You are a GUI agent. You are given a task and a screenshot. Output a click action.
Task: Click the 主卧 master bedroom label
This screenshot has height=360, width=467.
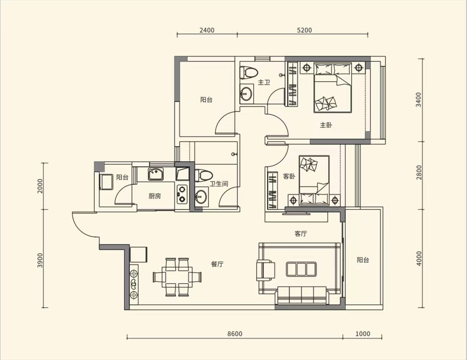coord(326,125)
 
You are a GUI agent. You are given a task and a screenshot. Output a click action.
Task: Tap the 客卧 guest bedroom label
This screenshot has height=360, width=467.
coord(289,176)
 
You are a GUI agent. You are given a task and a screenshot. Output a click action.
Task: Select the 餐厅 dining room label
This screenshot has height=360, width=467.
coord(218,264)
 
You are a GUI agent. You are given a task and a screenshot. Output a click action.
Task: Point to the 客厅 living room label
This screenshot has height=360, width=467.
coord(300,234)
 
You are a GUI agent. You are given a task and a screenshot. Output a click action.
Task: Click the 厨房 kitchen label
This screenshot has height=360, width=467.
coord(155,196)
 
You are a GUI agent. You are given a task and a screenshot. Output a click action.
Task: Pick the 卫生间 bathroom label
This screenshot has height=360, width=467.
coord(219,184)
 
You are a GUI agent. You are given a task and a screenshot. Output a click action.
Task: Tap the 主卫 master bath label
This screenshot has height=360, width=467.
coord(264,82)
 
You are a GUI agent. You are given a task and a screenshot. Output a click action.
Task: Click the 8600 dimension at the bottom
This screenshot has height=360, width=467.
coord(235,334)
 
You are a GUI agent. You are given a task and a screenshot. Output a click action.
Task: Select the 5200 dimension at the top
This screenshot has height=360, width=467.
coord(304,30)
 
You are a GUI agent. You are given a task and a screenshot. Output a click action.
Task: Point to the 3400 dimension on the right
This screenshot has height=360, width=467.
coord(419,100)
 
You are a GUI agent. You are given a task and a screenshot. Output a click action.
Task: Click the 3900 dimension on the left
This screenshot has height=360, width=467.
coord(40,261)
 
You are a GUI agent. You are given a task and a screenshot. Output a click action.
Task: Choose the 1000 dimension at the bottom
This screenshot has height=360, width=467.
coord(363,334)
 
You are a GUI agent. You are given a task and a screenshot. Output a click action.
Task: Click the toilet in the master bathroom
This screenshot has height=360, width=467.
coord(249,72)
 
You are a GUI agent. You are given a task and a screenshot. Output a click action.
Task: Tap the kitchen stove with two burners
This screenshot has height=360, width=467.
coord(182,194)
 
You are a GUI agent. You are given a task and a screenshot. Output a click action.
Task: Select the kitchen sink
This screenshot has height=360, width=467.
coord(156,174)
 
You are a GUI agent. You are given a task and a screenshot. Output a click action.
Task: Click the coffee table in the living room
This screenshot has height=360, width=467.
coord(301,269)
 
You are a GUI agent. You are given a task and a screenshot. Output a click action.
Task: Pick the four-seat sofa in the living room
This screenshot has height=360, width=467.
coord(302,295)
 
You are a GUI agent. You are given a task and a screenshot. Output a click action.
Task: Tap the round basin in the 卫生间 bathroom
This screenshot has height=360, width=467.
coord(201,197)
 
